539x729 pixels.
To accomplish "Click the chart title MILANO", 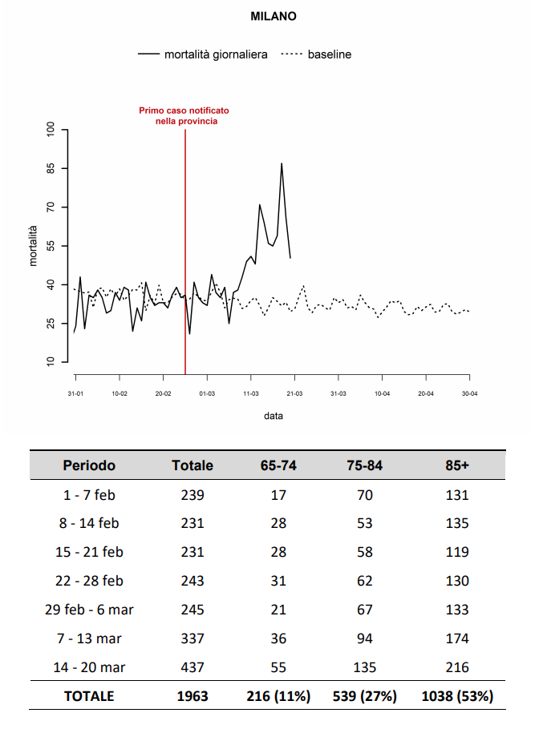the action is (x=274, y=16).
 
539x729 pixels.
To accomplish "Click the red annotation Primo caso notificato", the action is (x=184, y=111).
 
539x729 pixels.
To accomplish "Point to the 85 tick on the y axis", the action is (x=51, y=168).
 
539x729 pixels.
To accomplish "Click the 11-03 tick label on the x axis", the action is (x=251, y=393).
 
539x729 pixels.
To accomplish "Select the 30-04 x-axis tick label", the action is (x=470, y=393).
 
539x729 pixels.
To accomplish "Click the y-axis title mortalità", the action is (x=33, y=246).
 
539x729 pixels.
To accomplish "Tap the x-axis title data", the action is (x=274, y=416).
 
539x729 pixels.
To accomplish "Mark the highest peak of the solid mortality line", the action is (x=282, y=163).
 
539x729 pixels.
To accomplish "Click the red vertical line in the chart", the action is (x=185, y=252).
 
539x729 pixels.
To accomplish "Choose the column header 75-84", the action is (x=364, y=465).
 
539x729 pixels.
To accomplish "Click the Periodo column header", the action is (x=89, y=465).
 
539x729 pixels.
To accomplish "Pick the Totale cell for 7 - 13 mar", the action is (x=192, y=638).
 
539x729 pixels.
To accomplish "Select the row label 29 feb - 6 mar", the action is (x=89, y=610).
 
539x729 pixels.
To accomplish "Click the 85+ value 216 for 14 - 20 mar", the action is (x=457, y=667).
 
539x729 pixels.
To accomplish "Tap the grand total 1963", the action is (x=192, y=696).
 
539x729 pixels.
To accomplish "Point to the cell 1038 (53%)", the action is (x=457, y=696).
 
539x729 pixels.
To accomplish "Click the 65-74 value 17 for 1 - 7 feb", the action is (x=278, y=495).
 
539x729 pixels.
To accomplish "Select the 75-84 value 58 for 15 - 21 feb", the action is (x=364, y=552).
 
